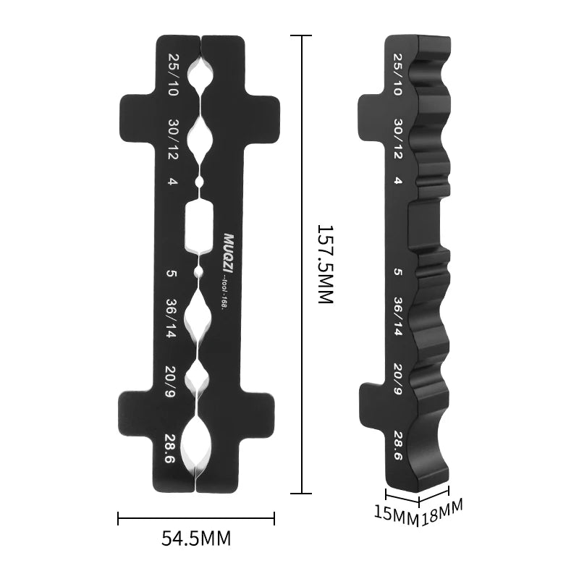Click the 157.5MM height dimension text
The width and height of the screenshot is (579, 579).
(325, 263)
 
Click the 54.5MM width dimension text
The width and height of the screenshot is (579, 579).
(195, 538)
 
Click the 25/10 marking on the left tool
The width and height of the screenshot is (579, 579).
(173, 75)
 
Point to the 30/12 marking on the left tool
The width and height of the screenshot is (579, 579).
(173, 139)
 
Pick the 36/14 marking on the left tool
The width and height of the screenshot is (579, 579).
(173, 318)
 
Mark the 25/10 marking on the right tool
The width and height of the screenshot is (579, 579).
(397, 75)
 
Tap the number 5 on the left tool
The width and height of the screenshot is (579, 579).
(172, 274)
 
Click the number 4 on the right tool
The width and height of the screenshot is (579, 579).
(397, 181)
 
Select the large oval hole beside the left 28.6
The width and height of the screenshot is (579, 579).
(195, 443)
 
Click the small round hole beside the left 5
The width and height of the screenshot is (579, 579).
(198, 273)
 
